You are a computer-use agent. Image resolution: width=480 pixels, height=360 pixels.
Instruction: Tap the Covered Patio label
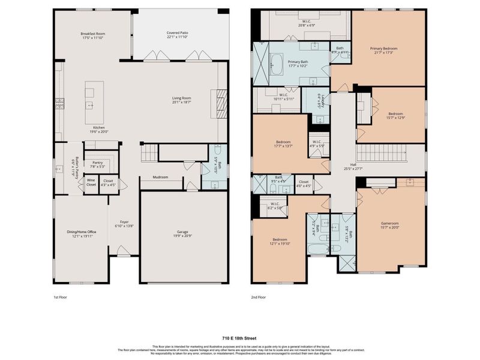coord(177,34)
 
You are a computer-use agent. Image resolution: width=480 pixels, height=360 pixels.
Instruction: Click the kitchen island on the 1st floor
coord(90,98)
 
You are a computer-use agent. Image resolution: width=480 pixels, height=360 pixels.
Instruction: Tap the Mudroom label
coord(160,177)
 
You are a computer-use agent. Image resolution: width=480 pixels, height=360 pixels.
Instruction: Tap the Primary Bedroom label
coord(383,49)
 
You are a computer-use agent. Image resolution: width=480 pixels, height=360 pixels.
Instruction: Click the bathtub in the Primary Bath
coord(277,64)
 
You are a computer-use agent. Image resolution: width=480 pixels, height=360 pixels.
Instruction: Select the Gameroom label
coord(389,224)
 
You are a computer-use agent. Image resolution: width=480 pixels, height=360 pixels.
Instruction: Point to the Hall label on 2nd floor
coord(353,166)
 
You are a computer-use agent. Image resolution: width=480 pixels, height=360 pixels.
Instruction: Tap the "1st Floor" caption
coord(61,296)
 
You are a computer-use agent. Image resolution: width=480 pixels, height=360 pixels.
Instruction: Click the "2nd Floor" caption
coord(259,296)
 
